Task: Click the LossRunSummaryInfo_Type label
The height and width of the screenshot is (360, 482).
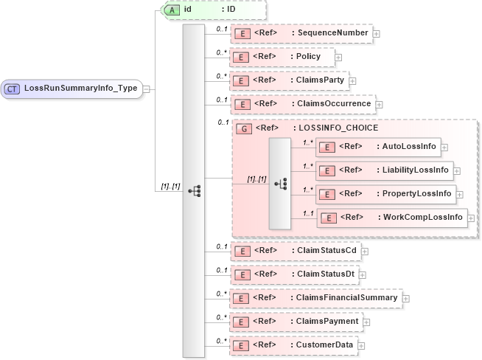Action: tap(80, 89)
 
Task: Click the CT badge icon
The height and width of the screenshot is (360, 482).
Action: tap(13, 89)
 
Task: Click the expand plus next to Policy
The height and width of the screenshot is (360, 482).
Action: tap(338, 57)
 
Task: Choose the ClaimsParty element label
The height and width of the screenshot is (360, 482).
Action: tap(321, 80)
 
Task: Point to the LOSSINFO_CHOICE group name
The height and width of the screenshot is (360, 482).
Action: tap(338, 128)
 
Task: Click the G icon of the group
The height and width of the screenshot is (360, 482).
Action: tap(242, 128)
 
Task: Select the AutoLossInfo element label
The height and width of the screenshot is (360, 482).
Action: tap(409, 147)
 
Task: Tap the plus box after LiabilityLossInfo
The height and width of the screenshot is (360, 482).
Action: tap(457, 170)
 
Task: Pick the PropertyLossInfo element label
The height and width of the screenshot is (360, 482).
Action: tap(416, 194)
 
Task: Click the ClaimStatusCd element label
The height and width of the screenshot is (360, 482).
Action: tap(325, 251)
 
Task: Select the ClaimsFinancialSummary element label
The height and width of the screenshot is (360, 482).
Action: tap(346, 297)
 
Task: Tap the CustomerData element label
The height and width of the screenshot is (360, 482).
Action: tap(324, 345)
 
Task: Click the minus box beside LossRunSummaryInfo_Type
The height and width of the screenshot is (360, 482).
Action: tap(147, 89)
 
